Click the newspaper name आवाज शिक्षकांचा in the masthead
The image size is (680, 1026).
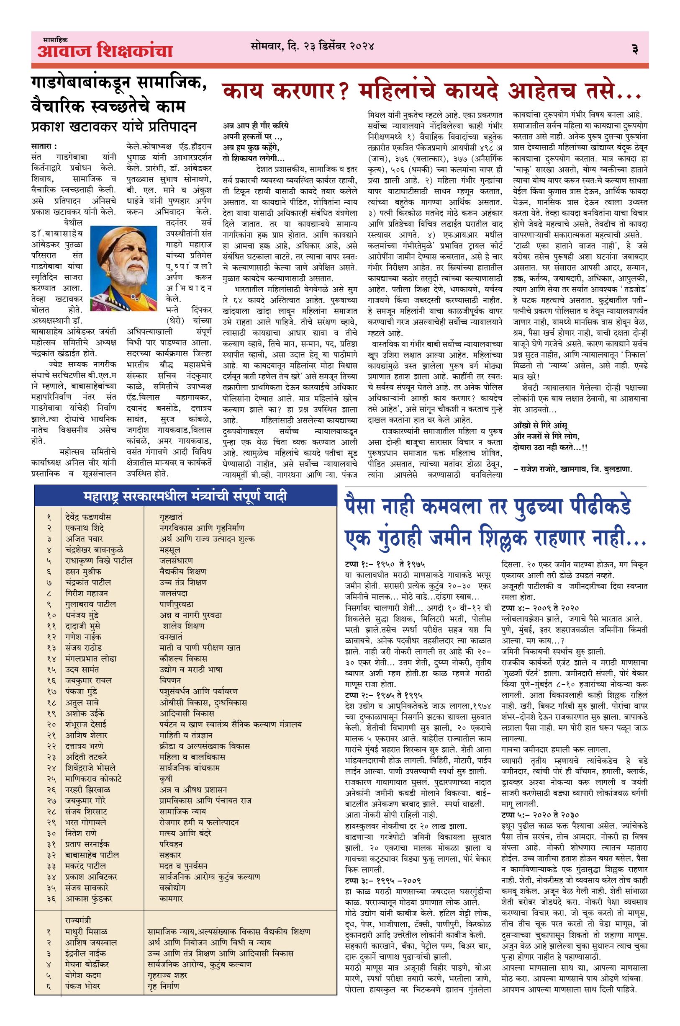(x=105, y=51)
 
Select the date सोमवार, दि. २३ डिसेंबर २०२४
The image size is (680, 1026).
(x=312, y=46)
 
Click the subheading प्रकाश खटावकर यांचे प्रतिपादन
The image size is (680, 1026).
(x=114, y=127)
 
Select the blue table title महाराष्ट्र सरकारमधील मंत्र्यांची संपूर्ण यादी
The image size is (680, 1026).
(x=185, y=496)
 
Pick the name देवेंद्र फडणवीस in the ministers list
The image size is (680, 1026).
(x=88, y=517)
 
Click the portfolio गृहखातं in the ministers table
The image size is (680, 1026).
(x=171, y=517)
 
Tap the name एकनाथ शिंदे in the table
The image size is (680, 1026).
(x=85, y=528)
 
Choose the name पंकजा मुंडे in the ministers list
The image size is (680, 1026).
(x=81, y=691)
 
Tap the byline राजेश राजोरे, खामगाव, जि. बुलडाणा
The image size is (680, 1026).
(x=573, y=469)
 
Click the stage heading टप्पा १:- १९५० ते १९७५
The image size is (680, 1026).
(x=385, y=565)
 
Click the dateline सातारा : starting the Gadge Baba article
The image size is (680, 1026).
(x=44, y=146)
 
